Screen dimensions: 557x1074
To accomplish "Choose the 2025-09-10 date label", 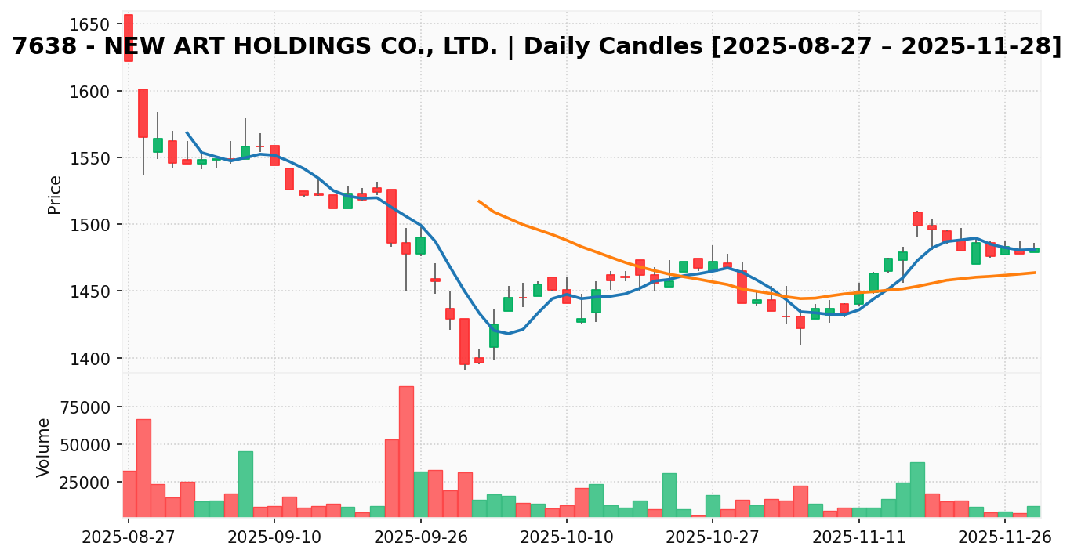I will click(x=274, y=537).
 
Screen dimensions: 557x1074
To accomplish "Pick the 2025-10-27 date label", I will click(x=712, y=537).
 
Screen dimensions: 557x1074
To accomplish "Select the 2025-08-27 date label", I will click(x=129, y=537).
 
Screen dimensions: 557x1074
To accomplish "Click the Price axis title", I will click(x=55, y=194).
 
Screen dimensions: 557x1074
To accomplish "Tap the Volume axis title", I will click(x=44, y=447).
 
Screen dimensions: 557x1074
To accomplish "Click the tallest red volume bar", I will click(x=406, y=451).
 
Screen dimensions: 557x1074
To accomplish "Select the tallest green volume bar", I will click(x=245, y=483).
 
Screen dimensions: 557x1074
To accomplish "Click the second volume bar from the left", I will click(x=143, y=468).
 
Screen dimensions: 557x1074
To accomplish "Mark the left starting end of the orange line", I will click(x=479, y=201).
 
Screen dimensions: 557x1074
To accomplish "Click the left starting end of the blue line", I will click(x=187, y=132).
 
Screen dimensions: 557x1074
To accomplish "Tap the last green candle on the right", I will click(x=1034, y=250).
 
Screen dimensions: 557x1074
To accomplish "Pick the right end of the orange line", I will click(x=1035, y=273).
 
